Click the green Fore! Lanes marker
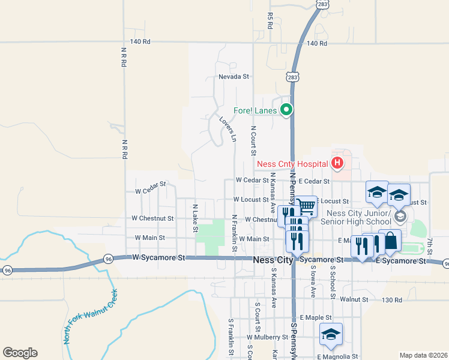coord(286,110)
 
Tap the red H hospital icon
coord(337,163)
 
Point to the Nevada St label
coord(234,77)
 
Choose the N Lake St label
coord(195,218)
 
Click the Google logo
coord(19,353)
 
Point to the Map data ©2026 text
coord(423,355)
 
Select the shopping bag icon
coord(390,241)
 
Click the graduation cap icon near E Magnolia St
coord(330,335)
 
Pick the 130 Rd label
coord(391,299)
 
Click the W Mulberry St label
coord(267,337)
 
